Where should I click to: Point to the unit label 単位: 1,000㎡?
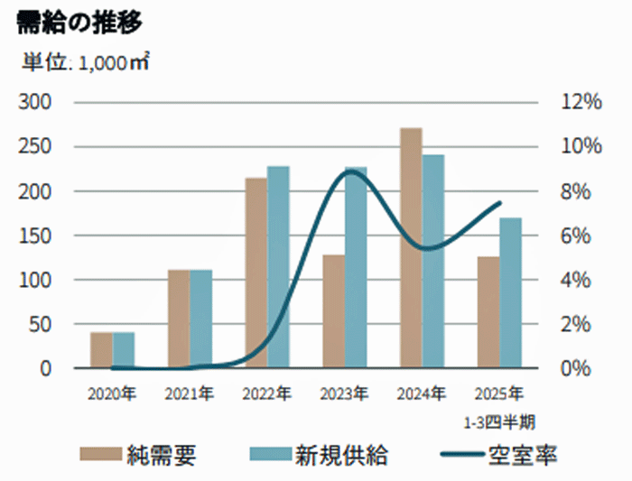pos(85,63)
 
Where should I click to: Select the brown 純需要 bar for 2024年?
pos(411,248)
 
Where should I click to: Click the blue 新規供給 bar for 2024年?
pos(434,262)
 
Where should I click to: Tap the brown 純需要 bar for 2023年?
pos(333,311)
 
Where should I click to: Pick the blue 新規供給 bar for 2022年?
pos(278,267)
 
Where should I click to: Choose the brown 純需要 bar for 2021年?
pos(178,319)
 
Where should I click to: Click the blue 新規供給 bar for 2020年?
pos(124,350)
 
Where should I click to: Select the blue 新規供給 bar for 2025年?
pos(511,293)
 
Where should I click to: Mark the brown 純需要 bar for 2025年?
pos(488,312)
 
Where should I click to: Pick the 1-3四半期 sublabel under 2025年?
pos(499,421)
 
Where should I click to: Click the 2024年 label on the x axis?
pos(422,394)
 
